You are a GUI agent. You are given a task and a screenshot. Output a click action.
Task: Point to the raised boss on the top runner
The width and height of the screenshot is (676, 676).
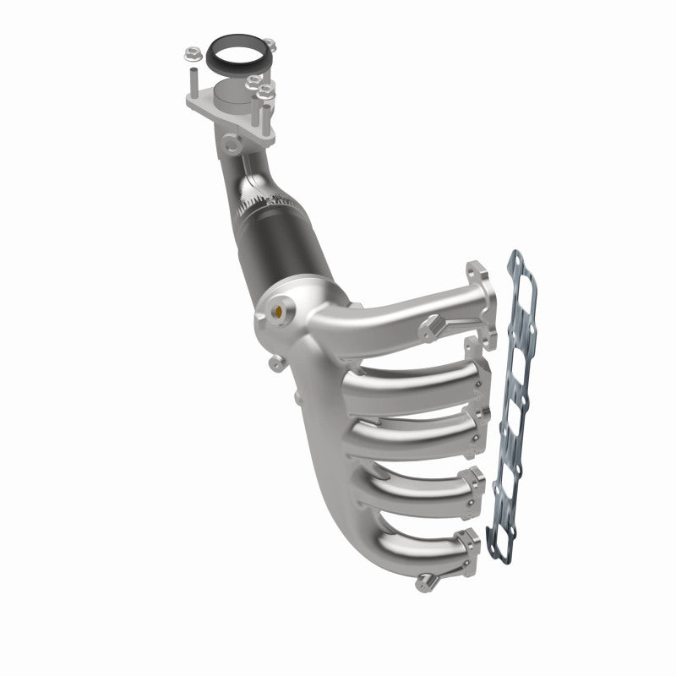coord(433,323)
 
